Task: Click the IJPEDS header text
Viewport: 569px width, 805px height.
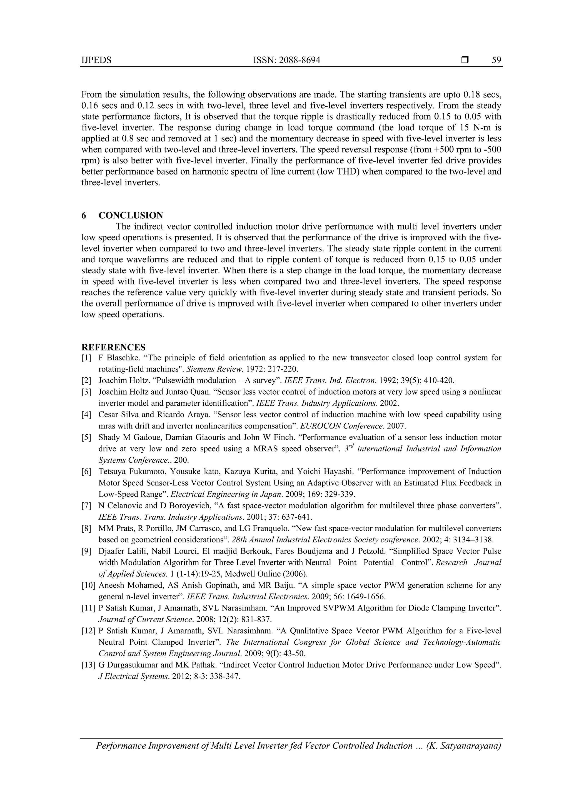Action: point(96,60)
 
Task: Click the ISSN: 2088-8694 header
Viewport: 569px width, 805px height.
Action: point(286,60)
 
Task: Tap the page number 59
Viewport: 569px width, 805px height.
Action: point(496,60)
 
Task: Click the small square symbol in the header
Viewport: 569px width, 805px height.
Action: point(465,60)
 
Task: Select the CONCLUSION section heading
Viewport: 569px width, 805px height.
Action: point(131,215)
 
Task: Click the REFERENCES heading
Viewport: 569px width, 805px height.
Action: point(113,347)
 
